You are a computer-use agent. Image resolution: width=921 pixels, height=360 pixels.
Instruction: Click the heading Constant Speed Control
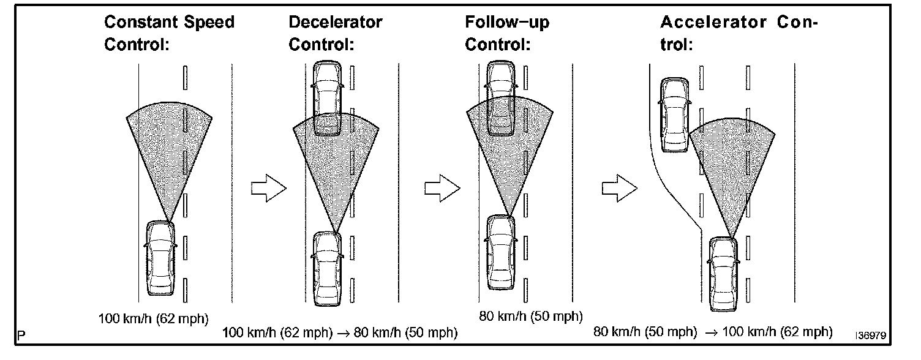coord(169,34)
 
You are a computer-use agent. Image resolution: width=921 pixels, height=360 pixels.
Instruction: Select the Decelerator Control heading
coord(335,34)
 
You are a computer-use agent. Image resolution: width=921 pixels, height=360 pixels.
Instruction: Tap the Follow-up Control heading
coord(507,34)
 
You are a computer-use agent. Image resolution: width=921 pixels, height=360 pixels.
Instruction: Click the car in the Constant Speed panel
coord(160,258)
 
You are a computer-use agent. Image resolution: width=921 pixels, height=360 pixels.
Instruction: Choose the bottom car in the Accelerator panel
coord(724,274)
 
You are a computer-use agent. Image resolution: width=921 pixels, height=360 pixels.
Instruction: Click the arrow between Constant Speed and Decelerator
coord(269,188)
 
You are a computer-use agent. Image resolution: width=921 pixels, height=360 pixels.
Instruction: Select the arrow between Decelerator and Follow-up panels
coord(442,188)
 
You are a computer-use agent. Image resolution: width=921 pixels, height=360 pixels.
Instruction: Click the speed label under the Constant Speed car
coord(154,318)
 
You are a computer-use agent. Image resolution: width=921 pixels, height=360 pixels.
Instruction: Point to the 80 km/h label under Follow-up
coord(530,316)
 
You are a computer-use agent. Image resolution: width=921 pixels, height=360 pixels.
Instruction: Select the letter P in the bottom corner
coord(21,336)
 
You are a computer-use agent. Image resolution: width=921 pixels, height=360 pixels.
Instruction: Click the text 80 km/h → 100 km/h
coord(713,332)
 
